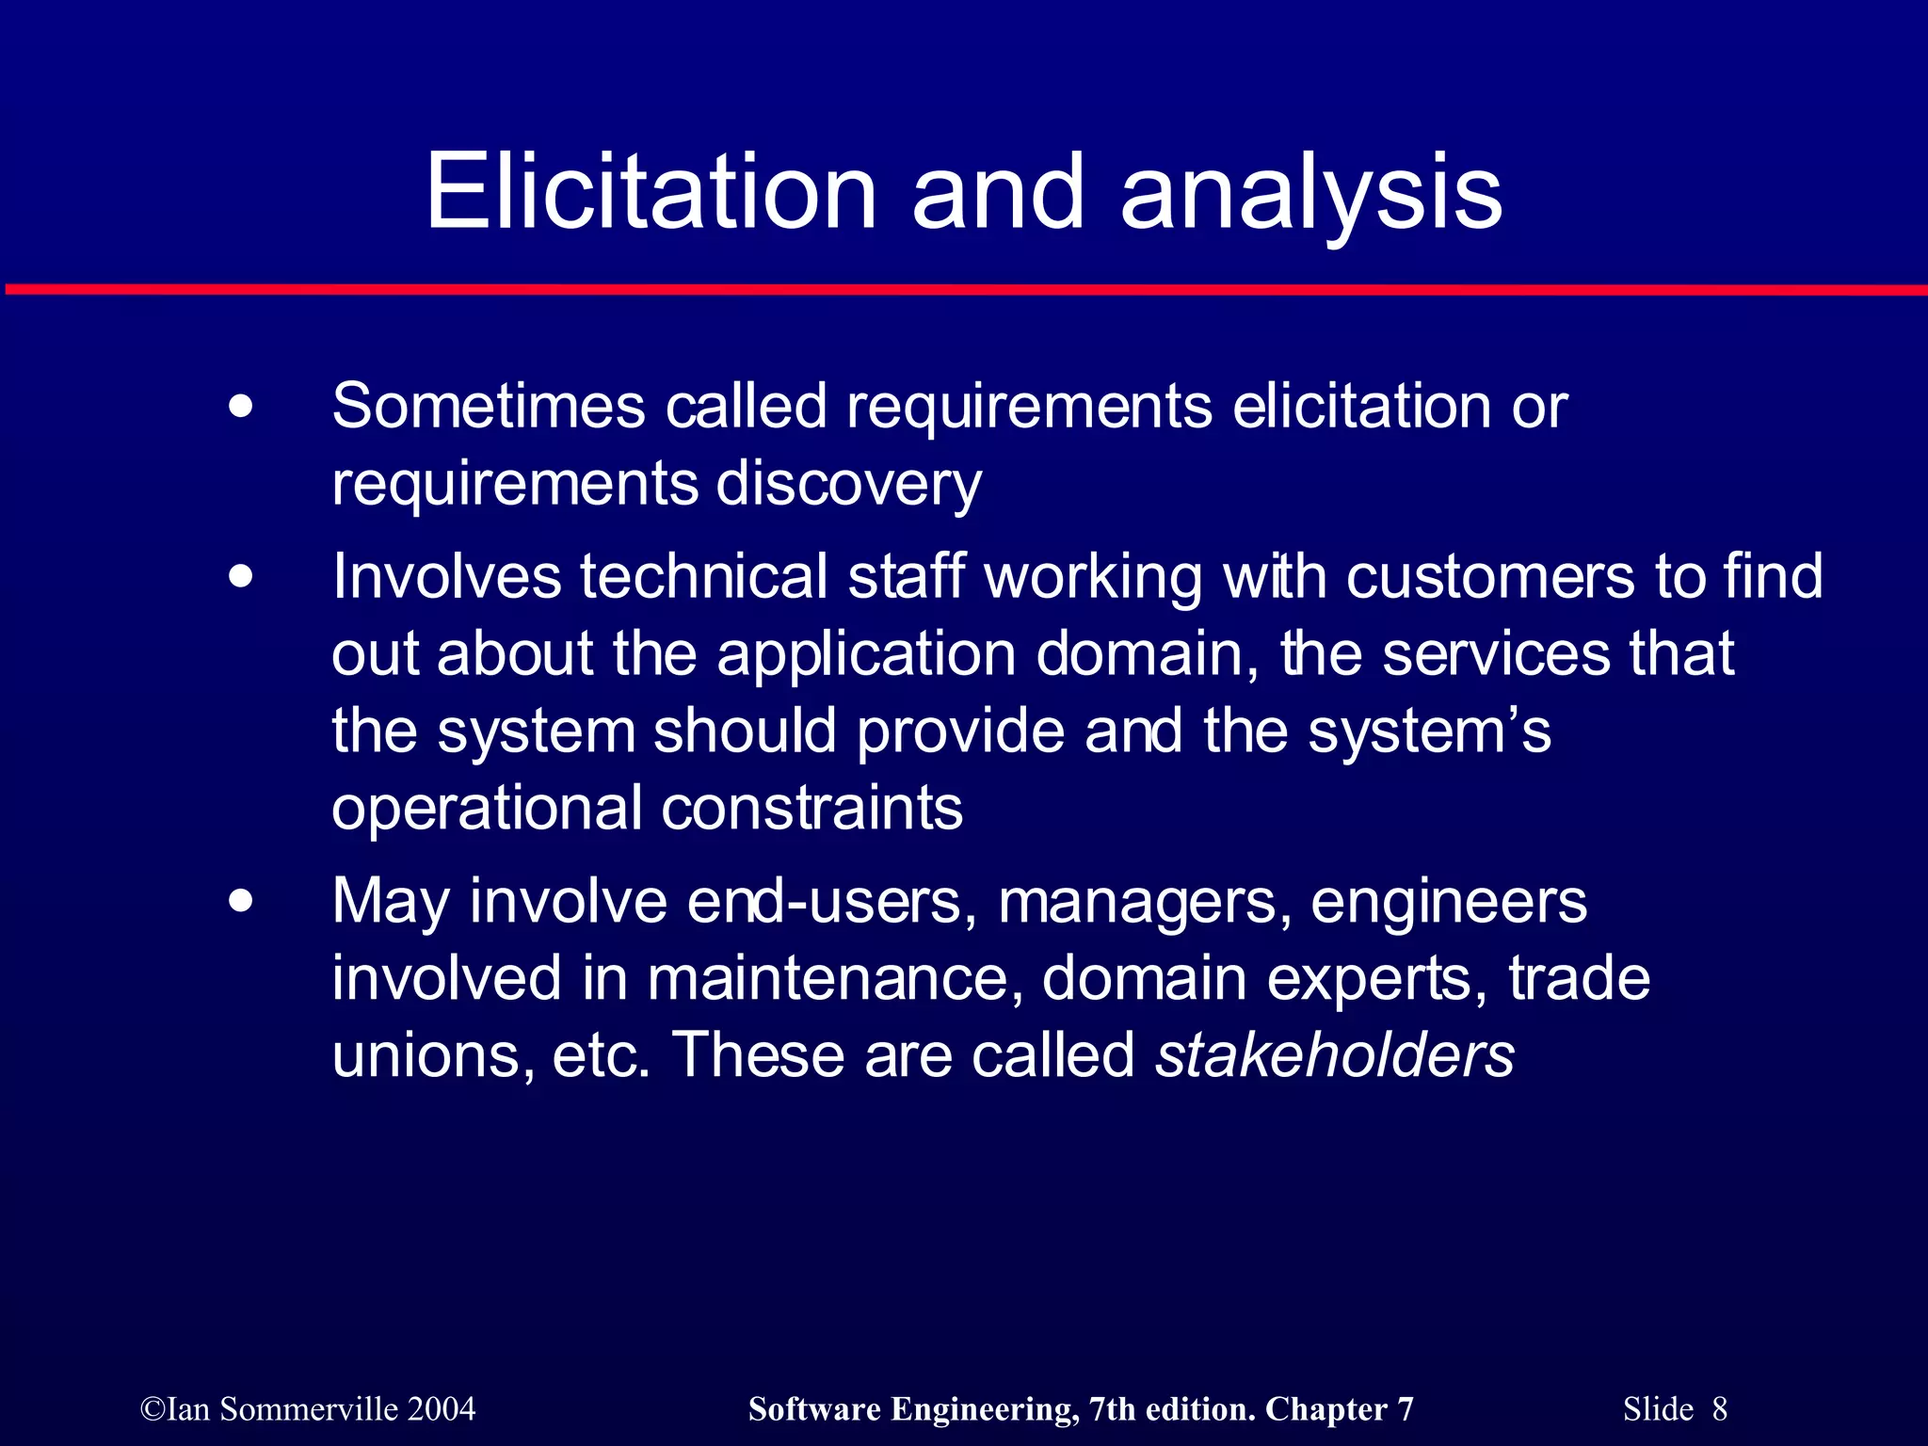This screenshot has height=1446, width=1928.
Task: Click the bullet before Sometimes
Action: pos(241,408)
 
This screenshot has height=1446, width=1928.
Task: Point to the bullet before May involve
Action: pos(241,901)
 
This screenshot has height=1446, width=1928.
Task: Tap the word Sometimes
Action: pos(488,407)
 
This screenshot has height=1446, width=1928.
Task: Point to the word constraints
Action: pos(811,808)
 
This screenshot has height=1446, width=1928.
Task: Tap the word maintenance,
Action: pos(835,979)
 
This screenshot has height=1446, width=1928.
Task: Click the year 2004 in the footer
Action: pos(442,1409)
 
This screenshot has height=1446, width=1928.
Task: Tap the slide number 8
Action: pos(1719,1409)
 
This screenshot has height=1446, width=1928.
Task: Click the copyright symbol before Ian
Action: pos(152,1409)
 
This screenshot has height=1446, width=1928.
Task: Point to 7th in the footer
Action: pos(1112,1409)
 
